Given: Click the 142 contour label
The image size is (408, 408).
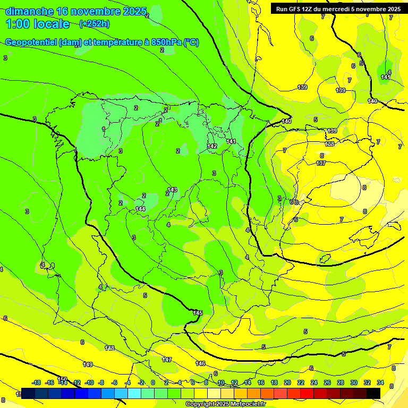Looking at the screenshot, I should coord(212,146).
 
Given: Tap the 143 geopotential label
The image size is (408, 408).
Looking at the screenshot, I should coord(172,190).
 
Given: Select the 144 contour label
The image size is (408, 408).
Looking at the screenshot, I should coord(140,209).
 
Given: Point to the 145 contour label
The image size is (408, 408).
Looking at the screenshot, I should coord(198,313).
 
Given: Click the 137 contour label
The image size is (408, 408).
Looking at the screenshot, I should coord(320,163).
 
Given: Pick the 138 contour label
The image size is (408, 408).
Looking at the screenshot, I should coord(329,144).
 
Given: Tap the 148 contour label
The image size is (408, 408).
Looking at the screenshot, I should coord(109,348).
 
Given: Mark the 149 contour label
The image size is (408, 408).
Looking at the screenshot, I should coord(88,364).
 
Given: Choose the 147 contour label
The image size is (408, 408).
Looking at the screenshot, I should coord(167,360).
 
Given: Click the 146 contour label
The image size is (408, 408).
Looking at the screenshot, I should coord(200,363).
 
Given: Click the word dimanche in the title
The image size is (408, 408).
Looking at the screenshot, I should coord(29,11).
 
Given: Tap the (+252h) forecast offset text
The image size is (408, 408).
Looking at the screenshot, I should coord(94,23).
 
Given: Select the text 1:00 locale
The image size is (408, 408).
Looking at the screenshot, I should coord(38,24).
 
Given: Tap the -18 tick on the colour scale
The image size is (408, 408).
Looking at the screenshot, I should coord(37,382).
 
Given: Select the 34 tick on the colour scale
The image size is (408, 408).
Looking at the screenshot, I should coord(380,382).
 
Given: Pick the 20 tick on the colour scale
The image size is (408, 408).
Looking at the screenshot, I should coord(287,382).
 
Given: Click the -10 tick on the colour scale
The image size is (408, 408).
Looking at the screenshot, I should coord(89,382).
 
